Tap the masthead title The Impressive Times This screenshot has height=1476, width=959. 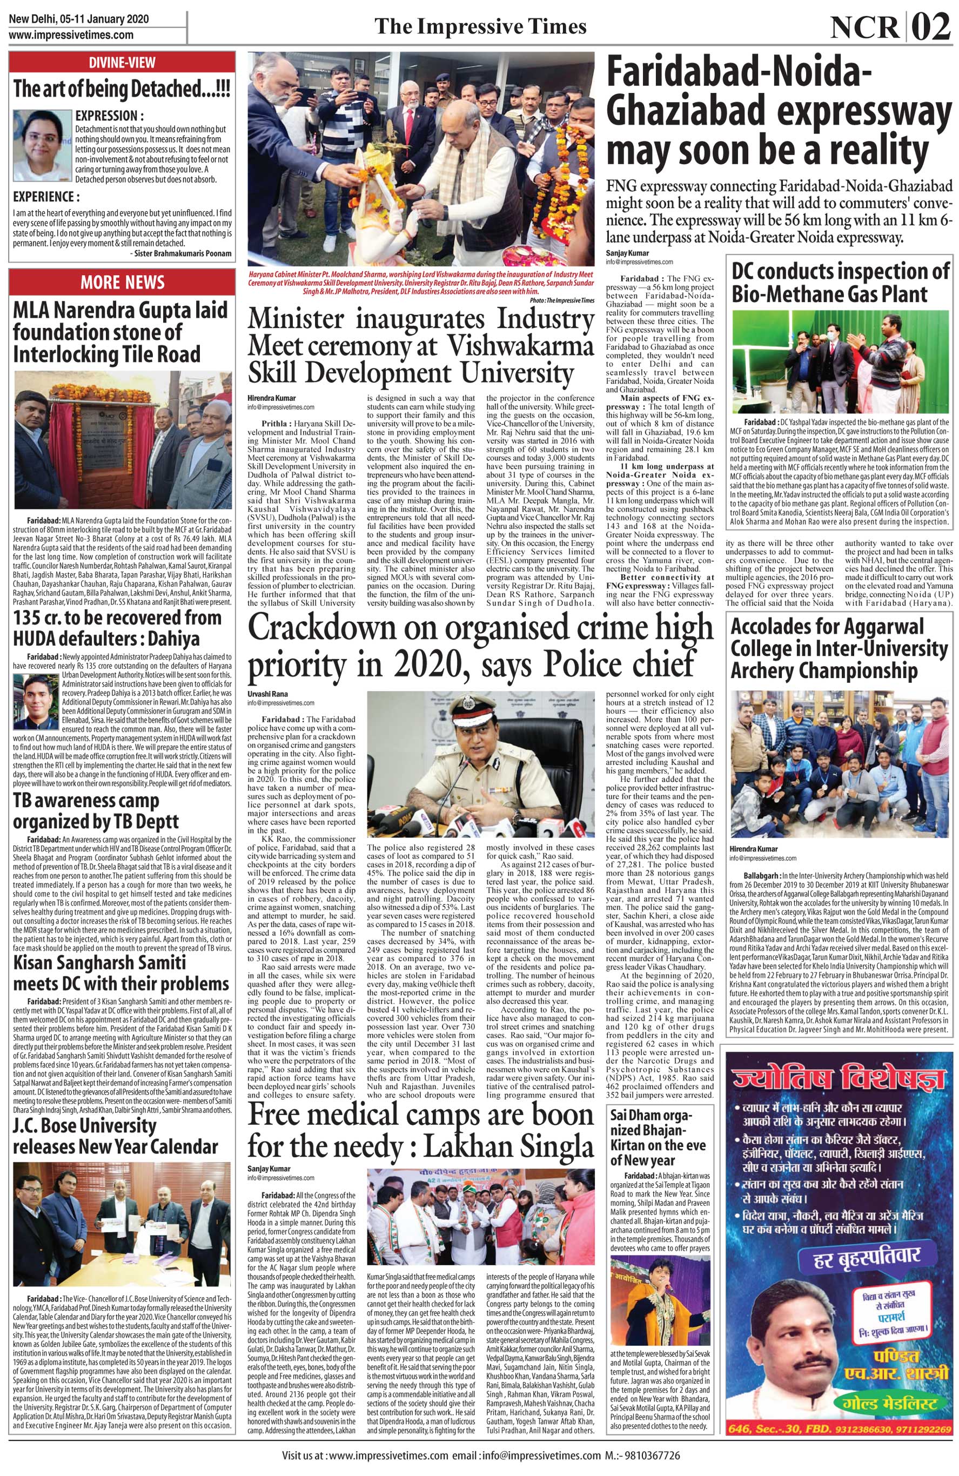click(481, 26)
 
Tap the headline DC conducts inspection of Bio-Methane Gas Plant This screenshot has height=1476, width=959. click(841, 283)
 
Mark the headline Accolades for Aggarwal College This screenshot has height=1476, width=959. click(839, 649)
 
